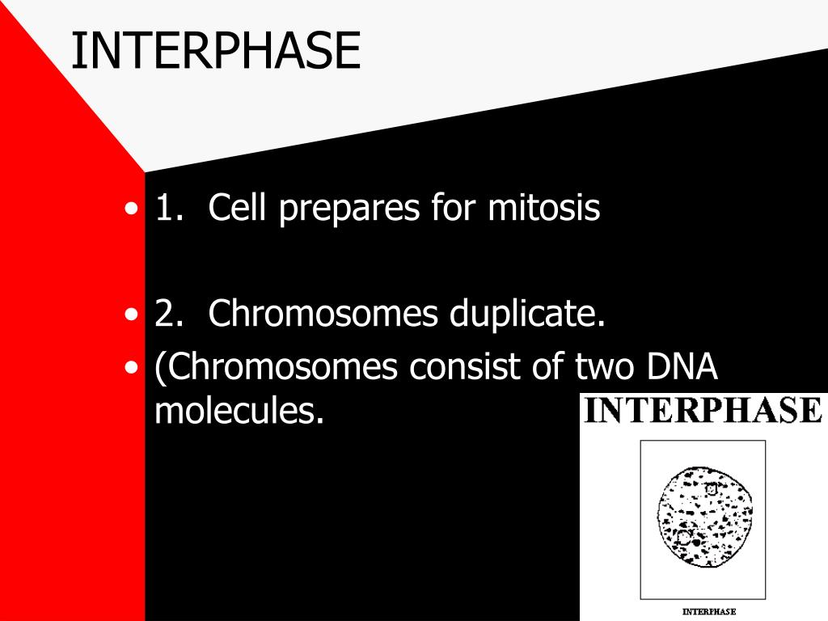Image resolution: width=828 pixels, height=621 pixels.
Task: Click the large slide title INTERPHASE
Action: pos(216,51)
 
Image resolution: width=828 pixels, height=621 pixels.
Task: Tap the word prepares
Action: pos(349,209)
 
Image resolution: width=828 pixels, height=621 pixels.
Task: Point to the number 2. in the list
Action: pos(170,313)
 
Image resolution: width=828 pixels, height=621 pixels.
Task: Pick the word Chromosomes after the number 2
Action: pos(323,313)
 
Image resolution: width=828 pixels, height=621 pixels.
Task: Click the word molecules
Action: pos(239,410)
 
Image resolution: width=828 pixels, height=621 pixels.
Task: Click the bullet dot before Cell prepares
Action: pos(131,209)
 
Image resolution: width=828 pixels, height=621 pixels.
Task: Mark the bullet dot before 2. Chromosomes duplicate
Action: pos(131,315)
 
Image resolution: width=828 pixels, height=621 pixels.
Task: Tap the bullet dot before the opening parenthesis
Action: pos(131,368)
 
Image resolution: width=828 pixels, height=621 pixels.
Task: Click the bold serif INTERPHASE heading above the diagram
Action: pos(703,410)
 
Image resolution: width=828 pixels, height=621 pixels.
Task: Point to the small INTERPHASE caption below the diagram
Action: pos(708,611)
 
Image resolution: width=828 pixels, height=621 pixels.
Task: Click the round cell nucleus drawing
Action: pos(705,517)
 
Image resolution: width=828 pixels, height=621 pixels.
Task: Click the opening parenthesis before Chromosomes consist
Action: pos(160,368)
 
